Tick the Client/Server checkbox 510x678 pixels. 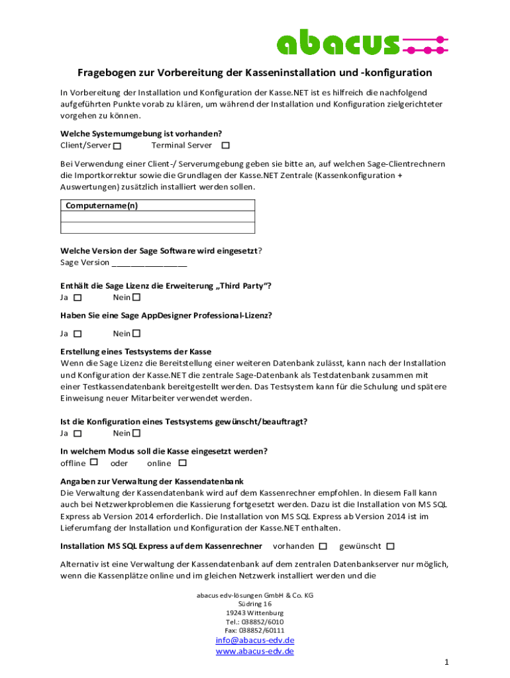pos(117,146)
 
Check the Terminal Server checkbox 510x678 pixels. pos(225,145)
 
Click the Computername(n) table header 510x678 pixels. pos(101,206)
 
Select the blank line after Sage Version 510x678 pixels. pos(150,263)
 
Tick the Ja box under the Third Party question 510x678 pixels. pos(78,298)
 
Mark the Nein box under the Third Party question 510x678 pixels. pos(137,297)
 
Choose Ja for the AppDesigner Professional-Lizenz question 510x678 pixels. pos(78,334)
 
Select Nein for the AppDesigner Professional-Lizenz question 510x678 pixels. pos(137,333)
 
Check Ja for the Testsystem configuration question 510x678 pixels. pos(78,434)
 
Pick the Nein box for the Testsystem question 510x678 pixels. pos(137,433)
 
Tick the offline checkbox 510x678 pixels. pos(94,462)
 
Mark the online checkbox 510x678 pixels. pos(183,463)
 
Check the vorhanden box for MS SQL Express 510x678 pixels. pos(323,546)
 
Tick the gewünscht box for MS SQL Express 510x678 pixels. pos(390,546)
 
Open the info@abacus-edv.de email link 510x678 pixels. pos(255,640)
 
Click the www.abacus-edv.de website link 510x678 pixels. pos(255,652)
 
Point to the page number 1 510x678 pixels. pos(447,662)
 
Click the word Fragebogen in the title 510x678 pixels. pos(107,72)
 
